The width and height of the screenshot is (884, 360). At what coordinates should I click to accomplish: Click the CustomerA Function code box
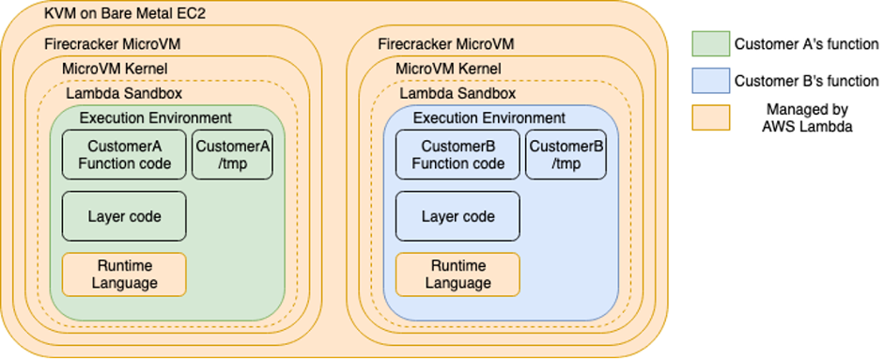pos(124,155)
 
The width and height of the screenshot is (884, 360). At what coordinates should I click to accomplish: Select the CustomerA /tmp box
pos(232,155)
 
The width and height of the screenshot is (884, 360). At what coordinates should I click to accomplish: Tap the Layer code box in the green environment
pos(124,216)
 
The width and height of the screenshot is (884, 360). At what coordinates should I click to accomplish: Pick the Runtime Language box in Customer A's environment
pos(124,274)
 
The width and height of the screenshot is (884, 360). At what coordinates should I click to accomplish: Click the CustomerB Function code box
pos(458,155)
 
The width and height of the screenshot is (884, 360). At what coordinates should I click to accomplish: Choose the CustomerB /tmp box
pos(566,155)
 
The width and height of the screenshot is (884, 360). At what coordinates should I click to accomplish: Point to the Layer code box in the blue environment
pos(458,216)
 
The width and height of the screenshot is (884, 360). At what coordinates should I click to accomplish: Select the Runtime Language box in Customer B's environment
pos(458,274)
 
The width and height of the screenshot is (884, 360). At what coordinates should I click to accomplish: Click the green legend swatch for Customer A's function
pos(709,43)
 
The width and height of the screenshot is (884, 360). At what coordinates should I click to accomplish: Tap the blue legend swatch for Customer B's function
pos(709,81)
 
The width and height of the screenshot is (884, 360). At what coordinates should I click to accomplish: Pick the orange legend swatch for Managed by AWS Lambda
pos(709,118)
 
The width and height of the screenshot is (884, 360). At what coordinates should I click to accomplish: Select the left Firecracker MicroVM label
pos(112,45)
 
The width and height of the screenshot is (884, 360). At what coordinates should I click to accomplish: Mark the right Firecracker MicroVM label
pos(446,45)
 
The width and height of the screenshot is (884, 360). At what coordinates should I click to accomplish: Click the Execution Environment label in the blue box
pos(489,118)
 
